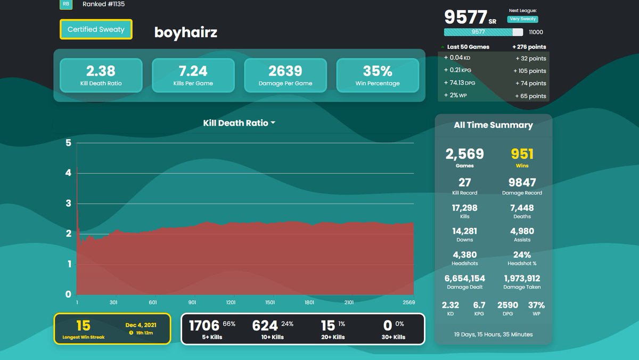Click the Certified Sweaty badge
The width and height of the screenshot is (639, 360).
pos(96,29)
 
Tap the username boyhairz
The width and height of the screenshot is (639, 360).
pos(186,32)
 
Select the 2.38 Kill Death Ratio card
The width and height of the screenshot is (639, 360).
pos(101,75)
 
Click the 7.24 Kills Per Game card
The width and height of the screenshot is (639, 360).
pos(193,75)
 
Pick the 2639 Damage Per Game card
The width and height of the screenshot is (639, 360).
pos(285,75)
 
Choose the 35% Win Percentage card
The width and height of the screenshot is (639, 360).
pos(378,75)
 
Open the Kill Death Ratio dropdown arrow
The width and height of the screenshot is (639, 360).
pos(273,122)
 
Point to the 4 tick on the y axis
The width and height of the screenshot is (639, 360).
pos(68,173)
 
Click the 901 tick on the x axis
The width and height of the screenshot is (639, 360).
pos(192,302)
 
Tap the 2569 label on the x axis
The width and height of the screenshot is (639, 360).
pos(409,302)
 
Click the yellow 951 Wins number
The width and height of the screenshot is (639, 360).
pos(522,154)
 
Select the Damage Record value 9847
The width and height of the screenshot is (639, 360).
pos(522,182)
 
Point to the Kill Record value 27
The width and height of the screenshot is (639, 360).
pos(465,182)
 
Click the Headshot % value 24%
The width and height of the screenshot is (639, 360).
pos(522,255)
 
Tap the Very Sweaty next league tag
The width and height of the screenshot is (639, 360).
pos(522,19)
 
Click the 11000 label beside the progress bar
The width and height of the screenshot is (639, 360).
pos(536,32)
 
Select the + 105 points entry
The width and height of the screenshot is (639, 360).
pos(530,71)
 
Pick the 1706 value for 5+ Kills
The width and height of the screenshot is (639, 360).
pos(204,325)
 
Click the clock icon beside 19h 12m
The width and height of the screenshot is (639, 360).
pos(131,333)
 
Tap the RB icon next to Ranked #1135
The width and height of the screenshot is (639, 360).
pos(66,4)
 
